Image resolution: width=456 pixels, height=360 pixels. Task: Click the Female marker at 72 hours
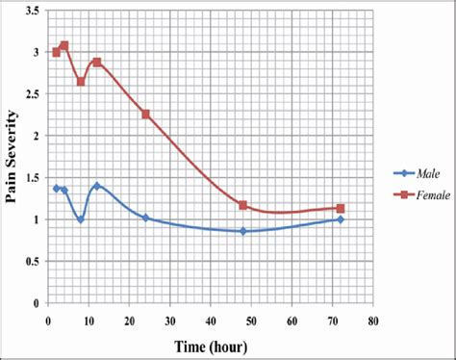340,208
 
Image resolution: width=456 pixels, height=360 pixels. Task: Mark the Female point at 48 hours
242,205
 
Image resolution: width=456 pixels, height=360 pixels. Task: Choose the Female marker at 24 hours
145,114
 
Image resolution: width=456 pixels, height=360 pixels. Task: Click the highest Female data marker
64,45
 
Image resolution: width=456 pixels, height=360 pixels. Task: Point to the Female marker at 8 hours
81,82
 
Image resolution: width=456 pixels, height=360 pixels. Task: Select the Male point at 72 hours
340,219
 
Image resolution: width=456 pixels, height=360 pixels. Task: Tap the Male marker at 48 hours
242,231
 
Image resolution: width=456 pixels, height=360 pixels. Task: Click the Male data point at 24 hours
145,218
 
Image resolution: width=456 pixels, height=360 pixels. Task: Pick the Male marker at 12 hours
97,186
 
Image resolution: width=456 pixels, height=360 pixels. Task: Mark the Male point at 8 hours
81,219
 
